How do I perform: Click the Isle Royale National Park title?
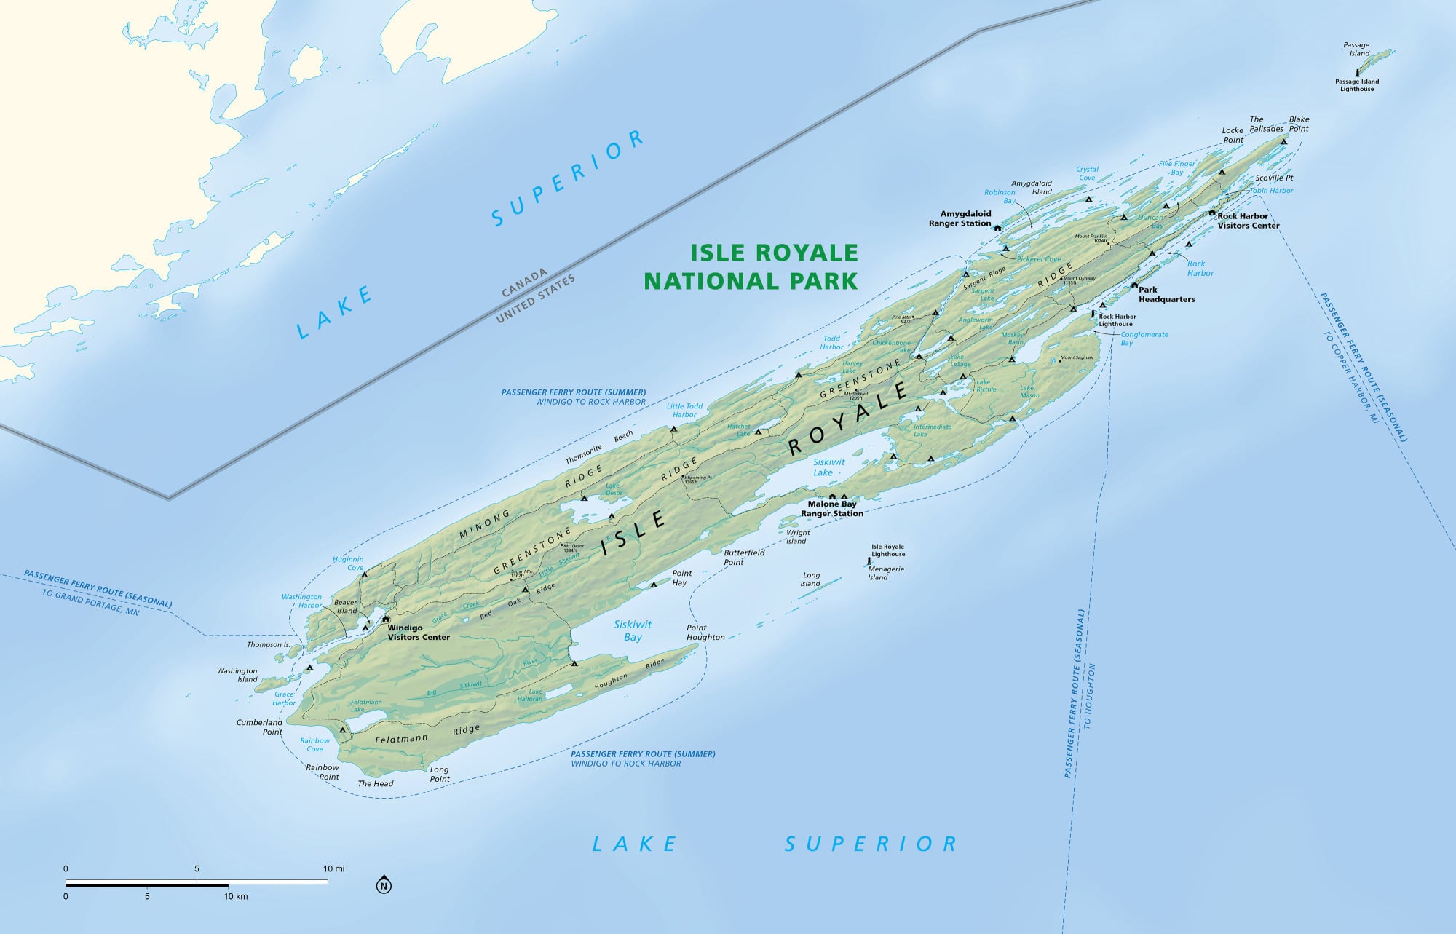point(751,266)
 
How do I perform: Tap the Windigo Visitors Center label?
point(418,632)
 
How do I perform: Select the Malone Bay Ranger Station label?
point(832,508)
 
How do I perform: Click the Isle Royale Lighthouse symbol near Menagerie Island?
point(869,561)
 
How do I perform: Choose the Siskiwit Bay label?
point(633,630)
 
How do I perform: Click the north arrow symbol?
point(384,885)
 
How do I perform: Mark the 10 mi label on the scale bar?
point(334,868)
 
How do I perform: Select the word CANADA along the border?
point(524,283)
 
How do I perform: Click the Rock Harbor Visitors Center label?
point(1248,221)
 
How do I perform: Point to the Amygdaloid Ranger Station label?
point(960,218)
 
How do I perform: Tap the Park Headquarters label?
point(1166,294)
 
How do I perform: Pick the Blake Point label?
point(1299,124)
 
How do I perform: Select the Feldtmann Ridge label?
point(427,735)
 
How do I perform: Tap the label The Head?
point(376,783)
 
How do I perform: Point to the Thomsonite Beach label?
point(599,448)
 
